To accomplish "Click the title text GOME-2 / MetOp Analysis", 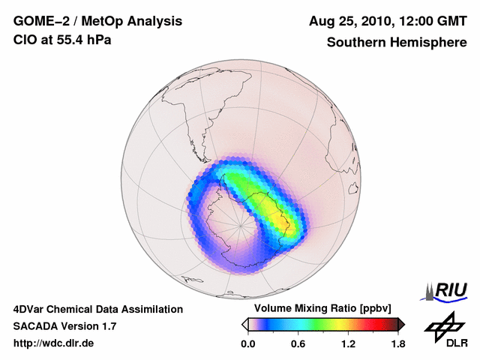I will (x=78, y=21).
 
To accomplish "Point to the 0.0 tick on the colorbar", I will (x=247, y=343).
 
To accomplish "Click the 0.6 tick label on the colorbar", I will (x=298, y=343).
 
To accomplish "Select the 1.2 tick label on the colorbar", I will (x=348, y=343).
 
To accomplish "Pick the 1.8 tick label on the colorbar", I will (x=397, y=343).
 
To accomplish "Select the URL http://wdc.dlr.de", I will (x=54, y=343).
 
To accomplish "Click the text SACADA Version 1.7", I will (x=64, y=326).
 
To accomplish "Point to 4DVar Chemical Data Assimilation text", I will (x=97, y=309).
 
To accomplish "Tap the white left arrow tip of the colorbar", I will (x=244, y=324).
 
